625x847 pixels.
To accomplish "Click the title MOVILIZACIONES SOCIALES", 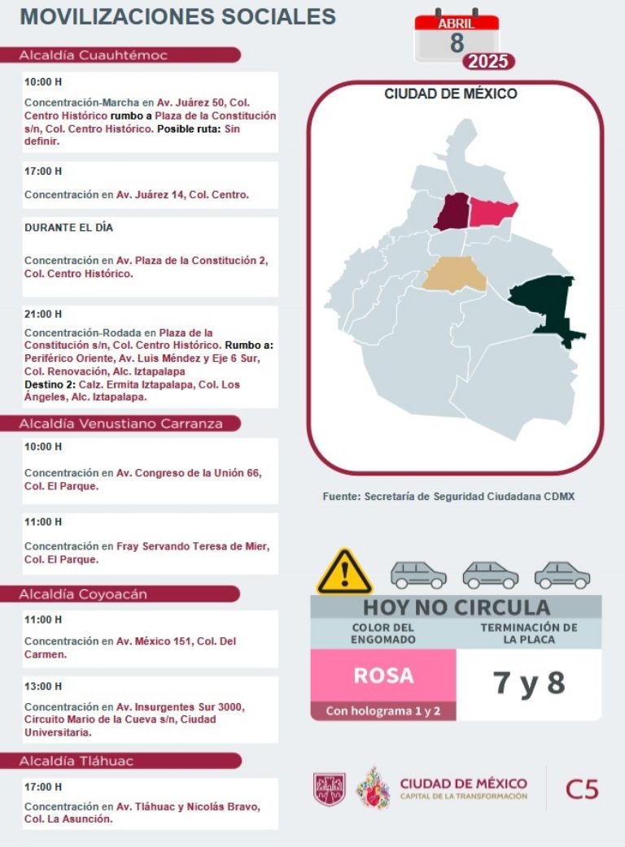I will click(177, 16).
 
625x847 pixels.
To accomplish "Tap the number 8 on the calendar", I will click(457, 44).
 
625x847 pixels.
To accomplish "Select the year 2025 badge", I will click(488, 62).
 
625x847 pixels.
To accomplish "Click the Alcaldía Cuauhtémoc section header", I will click(94, 55).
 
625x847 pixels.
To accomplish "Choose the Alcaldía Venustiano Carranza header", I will click(120, 423).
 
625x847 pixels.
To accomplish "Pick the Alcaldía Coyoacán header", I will click(83, 594).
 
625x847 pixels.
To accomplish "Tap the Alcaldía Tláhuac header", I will click(76, 762).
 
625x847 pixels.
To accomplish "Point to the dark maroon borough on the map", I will click(452, 211).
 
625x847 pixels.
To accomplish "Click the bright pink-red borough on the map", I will click(493, 211).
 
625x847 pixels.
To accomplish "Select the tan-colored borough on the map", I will click(454, 275).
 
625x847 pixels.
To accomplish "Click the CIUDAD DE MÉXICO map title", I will click(450, 94).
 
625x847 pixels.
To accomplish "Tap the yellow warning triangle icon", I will click(344, 571).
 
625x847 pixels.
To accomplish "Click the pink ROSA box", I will click(382, 675).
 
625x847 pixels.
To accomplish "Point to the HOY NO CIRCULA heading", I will click(456, 607).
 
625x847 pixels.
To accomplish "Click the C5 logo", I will click(582, 788).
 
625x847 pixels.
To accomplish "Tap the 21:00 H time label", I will click(43, 315).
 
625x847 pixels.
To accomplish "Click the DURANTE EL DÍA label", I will click(68, 228).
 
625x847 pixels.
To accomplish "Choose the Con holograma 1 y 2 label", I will click(382, 711).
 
